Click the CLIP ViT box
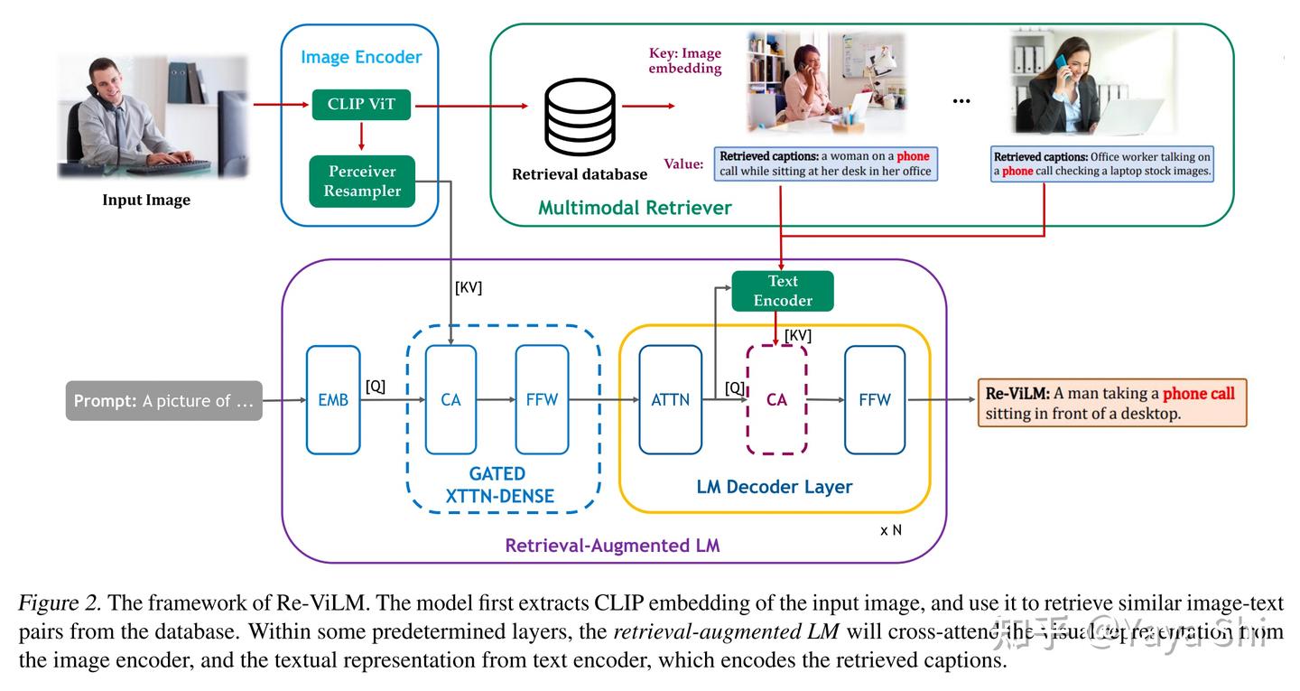(361, 105)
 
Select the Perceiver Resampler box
(362, 182)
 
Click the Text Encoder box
(783, 291)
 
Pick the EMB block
(333, 399)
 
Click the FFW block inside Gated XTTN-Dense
(542, 399)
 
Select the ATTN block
(670, 399)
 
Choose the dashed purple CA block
(776, 399)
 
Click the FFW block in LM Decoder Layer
(874, 399)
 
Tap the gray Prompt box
(163, 400)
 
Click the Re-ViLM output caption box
(1111, 403)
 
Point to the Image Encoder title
(361, 57)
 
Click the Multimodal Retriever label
(635, 208)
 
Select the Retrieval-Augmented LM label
(612, 545)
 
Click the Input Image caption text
(146, 200)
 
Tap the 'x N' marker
(890, 530)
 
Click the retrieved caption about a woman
(825, 163)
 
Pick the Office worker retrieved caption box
(1101, 163)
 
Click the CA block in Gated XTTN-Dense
(450, 399)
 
